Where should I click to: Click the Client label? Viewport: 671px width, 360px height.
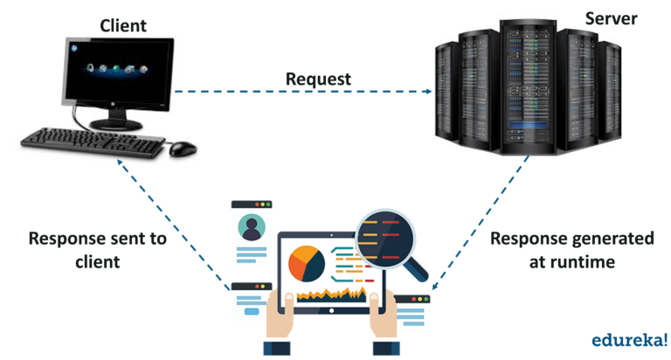(x=123, y=25)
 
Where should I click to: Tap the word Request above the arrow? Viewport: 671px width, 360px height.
(x=318, y=79)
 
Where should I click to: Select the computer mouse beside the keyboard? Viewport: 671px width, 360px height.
(x=182, y=149)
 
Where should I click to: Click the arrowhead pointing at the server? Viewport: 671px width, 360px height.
(x=429, y=92)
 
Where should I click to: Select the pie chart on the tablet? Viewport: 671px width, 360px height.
(x=307, y=263)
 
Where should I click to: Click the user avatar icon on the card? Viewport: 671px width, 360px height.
(x=252, y=227)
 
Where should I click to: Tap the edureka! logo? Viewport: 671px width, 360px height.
(x=628, y=338)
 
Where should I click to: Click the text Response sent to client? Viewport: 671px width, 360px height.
(x=97, y=249)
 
